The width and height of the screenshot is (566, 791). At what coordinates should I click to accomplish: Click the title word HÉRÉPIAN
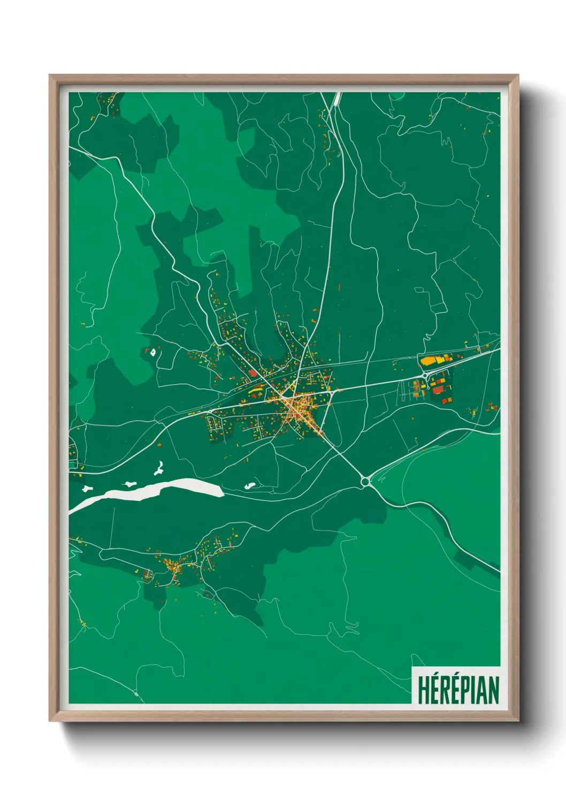(458, 690)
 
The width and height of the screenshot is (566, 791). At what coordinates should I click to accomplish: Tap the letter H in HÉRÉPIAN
(423, 690)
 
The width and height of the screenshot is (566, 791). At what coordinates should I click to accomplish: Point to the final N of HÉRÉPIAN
(493, 690)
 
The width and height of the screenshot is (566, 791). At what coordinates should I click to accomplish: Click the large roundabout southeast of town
(365, 482)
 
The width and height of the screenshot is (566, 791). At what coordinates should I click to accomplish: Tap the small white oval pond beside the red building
(153, 352)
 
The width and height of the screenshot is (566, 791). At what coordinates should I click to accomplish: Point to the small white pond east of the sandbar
(249, 486)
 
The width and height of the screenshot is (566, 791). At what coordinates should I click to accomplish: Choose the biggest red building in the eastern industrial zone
(439, 389)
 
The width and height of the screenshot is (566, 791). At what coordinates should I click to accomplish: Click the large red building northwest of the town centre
(253, 373)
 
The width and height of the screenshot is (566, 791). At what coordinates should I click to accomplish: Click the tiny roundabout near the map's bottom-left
(136, 693)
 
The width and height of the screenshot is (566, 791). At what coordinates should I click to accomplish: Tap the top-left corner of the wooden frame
(50, 76)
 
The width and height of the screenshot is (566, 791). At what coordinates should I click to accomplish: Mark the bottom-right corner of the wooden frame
(518, 720)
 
